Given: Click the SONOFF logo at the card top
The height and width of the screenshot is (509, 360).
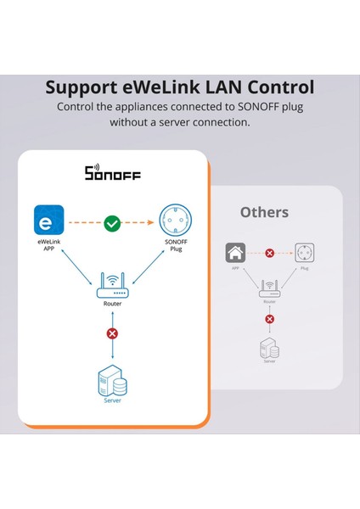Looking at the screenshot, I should [x=112, y=174].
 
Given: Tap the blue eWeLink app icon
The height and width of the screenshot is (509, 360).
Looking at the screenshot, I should [x=47, y=224].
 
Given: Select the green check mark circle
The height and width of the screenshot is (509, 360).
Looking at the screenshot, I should [x=112, y=225].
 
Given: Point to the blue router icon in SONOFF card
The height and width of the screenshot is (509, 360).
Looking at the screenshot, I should [x=111, y=284].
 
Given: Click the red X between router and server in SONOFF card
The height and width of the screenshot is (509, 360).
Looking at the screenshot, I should [x=111, y=333].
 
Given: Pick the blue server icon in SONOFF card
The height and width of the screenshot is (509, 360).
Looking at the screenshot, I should [x=112, y=384].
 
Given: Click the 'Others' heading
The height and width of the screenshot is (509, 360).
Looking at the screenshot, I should [x=264, y=212].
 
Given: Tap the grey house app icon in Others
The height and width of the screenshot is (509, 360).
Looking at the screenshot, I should [x=235, y=252].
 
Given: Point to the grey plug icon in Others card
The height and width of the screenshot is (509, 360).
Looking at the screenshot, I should [x=303, y=252].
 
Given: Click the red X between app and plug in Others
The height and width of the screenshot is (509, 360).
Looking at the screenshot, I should [x=269, y=253].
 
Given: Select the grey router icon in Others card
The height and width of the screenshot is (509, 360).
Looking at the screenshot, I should [x=269, y=288].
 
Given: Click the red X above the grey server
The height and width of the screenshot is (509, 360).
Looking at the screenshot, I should [x=269, y=319].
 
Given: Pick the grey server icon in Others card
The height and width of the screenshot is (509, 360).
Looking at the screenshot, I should [x=269, y=348].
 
